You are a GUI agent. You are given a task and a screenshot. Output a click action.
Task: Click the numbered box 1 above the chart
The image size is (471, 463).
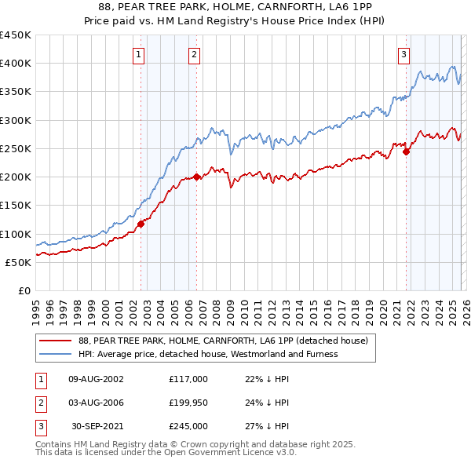coord(138,54)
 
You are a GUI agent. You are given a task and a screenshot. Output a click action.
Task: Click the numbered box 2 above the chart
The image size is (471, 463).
coord(193,54)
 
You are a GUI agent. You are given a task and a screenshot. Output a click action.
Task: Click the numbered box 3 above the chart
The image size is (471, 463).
coord(403,54)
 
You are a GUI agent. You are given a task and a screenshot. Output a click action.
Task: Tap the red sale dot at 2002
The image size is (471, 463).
coord(141,224)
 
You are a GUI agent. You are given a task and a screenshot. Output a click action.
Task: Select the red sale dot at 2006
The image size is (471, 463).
coord(196,177)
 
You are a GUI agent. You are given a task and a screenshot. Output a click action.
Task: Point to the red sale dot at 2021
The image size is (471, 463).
coord(407,151)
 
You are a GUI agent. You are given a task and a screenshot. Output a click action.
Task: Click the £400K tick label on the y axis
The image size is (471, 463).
coord(15,64)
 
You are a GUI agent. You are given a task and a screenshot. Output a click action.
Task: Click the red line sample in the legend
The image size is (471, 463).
coord(56,341)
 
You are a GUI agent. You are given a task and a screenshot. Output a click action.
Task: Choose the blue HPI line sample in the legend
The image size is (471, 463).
coord(56,354)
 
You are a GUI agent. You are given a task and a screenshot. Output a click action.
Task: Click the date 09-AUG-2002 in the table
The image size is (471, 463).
coord(96,379)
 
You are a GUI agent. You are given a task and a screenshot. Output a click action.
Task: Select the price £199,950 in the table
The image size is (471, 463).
coord(188,403)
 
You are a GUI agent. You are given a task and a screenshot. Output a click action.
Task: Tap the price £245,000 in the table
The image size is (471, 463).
coord(188,426)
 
